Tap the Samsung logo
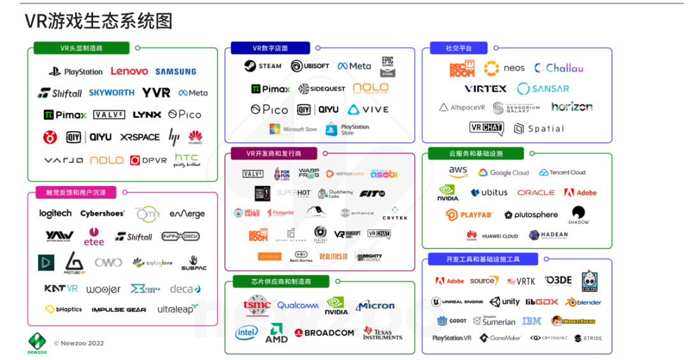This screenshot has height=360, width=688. (175, 72)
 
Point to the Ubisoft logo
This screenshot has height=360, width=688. (310, 66)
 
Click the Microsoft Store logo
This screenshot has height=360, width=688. (292, 129)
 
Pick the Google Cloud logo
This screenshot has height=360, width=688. (504, 173)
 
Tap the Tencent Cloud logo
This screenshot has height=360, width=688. (562, 173)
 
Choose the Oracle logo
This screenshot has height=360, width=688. (536, 192)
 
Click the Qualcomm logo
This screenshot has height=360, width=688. (297, 305)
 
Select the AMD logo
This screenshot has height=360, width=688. (276, 333)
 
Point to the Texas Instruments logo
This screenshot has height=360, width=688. (382, 333)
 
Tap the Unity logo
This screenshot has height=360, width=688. (505, 301)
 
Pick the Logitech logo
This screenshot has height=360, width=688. (55, 213)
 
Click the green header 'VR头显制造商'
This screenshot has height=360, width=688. (82, 48)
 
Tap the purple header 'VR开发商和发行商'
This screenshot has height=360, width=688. (274, 154)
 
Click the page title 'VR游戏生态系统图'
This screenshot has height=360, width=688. (99, 22)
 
